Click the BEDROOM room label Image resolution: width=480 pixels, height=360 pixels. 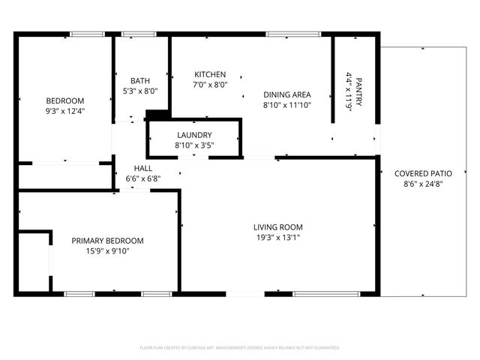tap(65, 100)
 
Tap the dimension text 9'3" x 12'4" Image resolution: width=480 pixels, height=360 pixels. tap(65, 111)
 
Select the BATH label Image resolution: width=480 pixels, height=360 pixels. tap(139, 81)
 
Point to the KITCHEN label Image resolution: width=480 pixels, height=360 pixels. tap(210, 74)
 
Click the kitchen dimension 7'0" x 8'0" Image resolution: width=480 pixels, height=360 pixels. tap(210, 85)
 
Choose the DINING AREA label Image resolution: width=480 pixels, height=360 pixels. tap(286, 94)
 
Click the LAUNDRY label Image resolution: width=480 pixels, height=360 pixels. tap(194, 135)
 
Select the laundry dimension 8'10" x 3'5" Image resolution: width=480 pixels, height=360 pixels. tap(194, 145)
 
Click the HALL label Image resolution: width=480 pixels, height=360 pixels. tap(143, 168)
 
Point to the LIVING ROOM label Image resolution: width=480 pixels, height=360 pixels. tap(277, 227)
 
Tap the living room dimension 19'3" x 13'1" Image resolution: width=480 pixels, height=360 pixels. tap(277, 238)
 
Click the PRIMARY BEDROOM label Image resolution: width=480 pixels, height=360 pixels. tap(107, 241)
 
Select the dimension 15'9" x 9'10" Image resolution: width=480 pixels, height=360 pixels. tap(107, 251)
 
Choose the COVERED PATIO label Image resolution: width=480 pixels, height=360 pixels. tap(422, 173)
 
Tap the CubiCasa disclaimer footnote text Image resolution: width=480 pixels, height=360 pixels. tap(240, 348)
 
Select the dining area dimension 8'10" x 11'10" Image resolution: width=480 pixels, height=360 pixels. tap(286, 105)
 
